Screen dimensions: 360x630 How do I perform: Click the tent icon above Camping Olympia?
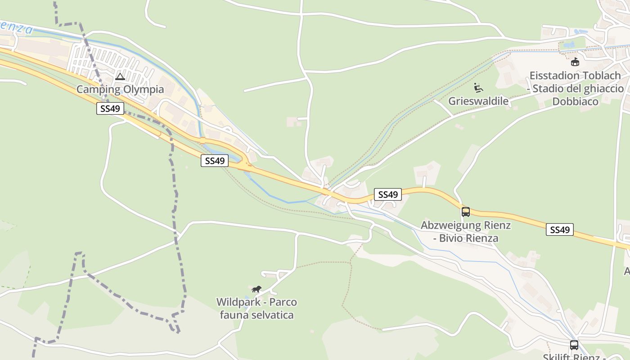(120, 76)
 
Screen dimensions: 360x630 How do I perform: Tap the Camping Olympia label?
(120, 89)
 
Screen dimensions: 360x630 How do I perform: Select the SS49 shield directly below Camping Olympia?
(110, 109)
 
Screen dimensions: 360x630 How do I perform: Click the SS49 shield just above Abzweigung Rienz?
(388, 194)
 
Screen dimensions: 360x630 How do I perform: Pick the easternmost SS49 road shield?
(560, 229)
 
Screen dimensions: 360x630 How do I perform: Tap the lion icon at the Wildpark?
(256, 289)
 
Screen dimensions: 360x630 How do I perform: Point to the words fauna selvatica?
(256, 315)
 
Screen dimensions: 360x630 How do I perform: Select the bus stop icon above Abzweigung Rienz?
(466, 211)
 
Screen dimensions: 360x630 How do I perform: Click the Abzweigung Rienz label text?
(466, 225)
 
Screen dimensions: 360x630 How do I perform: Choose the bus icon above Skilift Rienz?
(574, 345)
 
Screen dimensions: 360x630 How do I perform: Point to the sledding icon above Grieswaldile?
(478, 87)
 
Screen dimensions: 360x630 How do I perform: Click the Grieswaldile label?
(478, 101)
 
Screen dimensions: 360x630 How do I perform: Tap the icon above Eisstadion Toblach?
(575, 62)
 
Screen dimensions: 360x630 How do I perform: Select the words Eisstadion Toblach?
(575, 76)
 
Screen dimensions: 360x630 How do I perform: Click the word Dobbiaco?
(575, 102)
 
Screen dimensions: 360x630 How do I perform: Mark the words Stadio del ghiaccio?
(579, 89)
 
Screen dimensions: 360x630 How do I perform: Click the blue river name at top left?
(16, 27)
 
